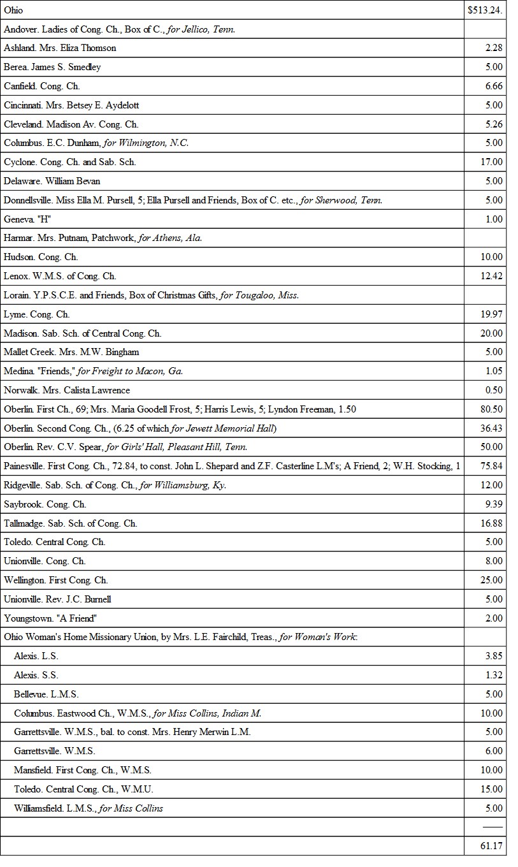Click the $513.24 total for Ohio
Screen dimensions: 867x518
pyautogui.click(x=485, y=10)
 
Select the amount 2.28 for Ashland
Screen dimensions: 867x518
pyautogui.click(x=494, y=48)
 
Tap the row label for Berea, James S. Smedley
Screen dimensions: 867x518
pyautogui.click(x=52, y=67)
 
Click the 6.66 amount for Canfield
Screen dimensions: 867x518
pyautogui.click(x=494, y=86)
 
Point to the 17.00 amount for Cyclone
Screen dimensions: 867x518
pyautogui.click(x=491, y=162)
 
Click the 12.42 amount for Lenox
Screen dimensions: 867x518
pyautogui.click(x=491, y=276)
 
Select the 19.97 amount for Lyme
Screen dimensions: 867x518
pyautogui.click(x=491, y=314)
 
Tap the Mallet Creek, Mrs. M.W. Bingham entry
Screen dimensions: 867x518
pyautogui.click(x=71, y=352)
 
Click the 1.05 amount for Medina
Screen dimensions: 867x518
pyautogui.click(x=494, y=371)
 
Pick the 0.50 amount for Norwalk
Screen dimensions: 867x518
pyautogui.click(x=494, y=390)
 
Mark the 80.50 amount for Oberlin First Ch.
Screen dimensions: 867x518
pyautogui.click(x=491, y=409)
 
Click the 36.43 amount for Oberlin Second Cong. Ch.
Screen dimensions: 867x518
pyautogui.click(x=491, y=428)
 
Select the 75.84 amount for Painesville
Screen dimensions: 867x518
pyautogui.click(x=491, y=466)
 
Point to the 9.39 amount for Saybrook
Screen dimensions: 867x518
pyautogui.click(x=494, y=504)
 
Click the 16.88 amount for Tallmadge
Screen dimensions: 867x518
pyautogui.click(x=491, y=523)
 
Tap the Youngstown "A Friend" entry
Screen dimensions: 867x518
pyautogui.click(x=50, y=618)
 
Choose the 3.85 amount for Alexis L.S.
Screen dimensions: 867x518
pyautogui.click(x=494, y=656)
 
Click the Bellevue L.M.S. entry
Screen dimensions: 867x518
pyautogui.click(x=47, y=694)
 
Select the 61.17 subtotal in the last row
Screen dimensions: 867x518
pyautogui.click(x=491, y=846)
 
